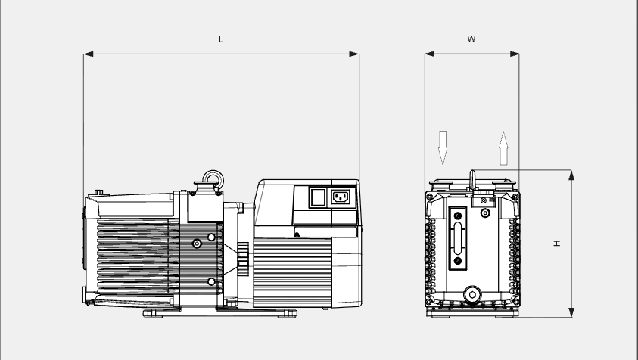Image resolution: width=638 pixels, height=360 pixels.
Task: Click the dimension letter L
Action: tap(221, 39)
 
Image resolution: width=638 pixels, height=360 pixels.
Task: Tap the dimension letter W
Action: tap(471, 39)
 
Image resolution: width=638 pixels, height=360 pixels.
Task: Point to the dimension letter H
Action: tap(557, 244)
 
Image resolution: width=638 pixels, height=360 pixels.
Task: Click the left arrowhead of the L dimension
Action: tap(89, 54)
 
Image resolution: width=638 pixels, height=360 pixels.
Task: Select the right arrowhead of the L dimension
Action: tap(354, 54)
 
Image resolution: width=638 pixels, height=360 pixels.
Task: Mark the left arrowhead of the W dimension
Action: tap(430, 54)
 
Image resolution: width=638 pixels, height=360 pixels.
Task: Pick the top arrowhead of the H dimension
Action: tap(571, 175)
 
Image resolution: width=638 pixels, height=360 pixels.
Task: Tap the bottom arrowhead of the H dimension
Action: tap(571, 312)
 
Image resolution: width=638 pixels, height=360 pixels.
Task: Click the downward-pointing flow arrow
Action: tap(443, 147)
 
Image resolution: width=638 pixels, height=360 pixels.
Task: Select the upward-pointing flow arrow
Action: tap(504, 148)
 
